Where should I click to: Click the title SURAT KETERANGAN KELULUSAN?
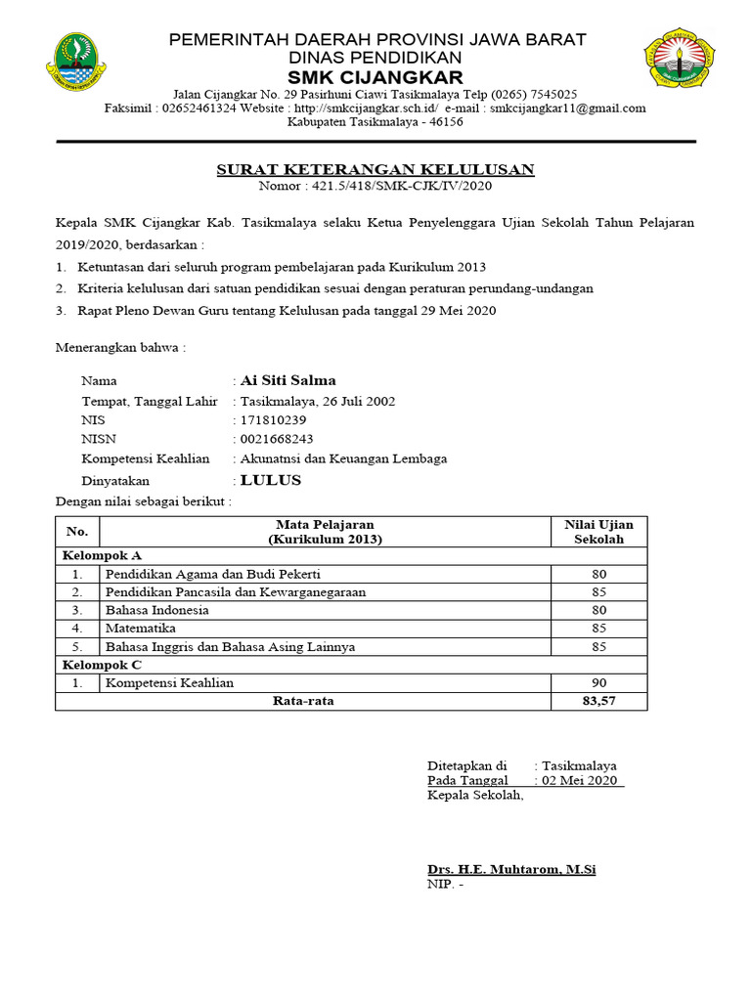(375, 170)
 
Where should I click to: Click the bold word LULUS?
(271, 480)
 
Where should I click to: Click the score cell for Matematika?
(598, 629)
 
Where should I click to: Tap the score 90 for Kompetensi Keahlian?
(598, 682)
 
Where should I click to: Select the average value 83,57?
(598, 701)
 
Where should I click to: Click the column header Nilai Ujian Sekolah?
(598, 532)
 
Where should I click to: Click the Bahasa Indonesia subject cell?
(157, 610)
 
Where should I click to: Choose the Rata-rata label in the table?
(303, 701)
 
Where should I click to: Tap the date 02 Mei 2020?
(580, 780)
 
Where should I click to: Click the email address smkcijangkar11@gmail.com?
(567, 109)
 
